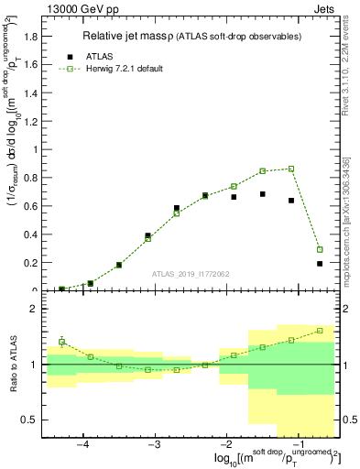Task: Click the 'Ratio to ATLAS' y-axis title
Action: [13, 365]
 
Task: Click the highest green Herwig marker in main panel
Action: [291, 169]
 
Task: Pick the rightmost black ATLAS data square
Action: [320, 264]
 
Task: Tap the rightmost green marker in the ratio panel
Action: [320, 331]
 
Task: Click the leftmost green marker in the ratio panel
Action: [61, 342]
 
